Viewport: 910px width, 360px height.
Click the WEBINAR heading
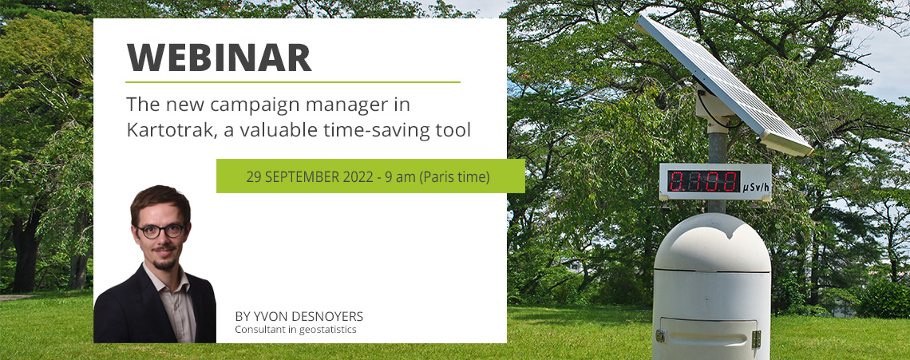[219, 57]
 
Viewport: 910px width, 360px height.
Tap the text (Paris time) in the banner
[454, 176]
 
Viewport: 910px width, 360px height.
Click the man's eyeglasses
[160, 231]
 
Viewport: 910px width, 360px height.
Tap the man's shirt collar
[167, 283]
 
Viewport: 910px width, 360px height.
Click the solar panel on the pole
[723, 85]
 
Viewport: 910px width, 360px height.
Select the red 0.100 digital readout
[703, 181]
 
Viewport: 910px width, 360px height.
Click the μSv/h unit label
[755, 188]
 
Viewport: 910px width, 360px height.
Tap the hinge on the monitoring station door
[756, 339]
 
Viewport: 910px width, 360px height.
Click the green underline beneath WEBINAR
[293, 82]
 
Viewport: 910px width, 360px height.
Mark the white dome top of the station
[712, 242]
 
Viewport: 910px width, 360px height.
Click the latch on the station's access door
[660, 335]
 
